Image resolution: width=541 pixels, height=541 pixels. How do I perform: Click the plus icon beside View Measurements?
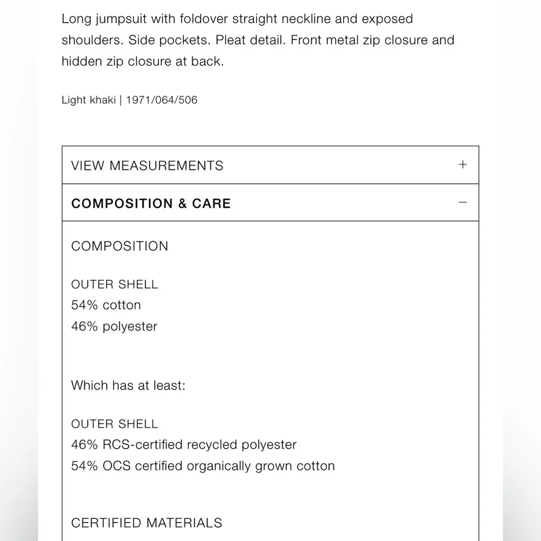coord(463,164)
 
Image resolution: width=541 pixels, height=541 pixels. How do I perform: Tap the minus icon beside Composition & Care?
coord(463,202)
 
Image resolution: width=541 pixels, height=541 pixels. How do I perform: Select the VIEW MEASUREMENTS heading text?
coord(147,166)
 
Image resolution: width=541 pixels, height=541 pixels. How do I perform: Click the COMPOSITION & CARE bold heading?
coord(151,203)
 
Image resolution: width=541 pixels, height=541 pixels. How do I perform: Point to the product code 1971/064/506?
coord(162,100)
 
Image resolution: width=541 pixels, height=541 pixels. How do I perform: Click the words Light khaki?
coord(88,100)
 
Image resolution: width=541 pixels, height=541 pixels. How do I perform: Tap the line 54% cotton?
coord(106,305)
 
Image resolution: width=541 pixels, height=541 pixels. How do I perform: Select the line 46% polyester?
coord(114,327)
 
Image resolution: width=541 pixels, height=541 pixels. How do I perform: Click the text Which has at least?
coord(128,386)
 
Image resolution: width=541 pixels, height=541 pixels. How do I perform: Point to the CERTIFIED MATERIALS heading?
coord(147,523)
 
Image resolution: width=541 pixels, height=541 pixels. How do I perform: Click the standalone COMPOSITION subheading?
coord(120,246)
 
